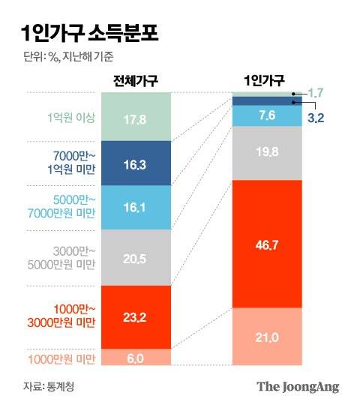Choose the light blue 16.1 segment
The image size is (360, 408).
[136, 207]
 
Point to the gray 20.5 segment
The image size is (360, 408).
[136, 257]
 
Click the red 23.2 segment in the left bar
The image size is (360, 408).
[136, 316]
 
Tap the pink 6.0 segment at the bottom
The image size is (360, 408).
[136, 358]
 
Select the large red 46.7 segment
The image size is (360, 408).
[266, 244]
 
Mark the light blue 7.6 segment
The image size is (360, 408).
[266, 115]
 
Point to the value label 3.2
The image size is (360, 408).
[316, 118]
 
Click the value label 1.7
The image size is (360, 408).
[316, 92]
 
